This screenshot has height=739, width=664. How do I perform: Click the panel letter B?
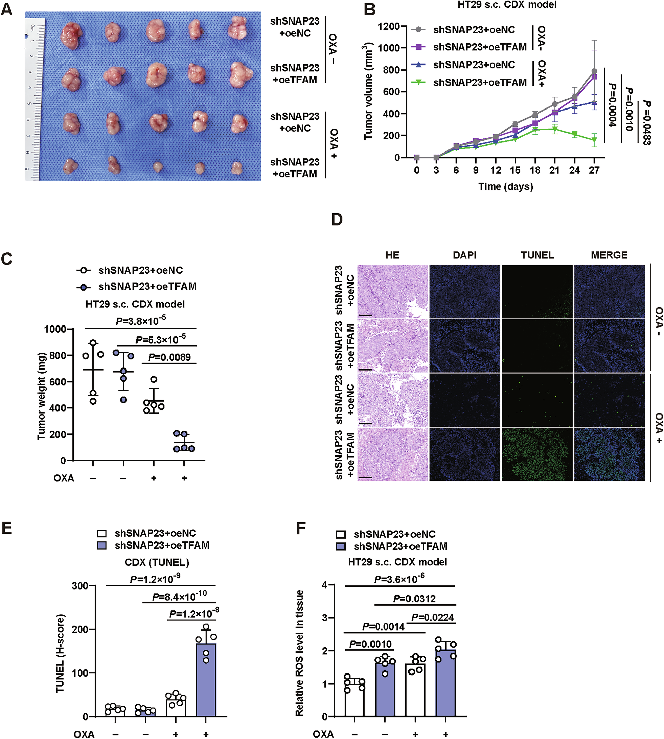click(x=369, y=10)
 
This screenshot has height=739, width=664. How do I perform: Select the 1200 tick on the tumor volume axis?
click(x=389, y=26)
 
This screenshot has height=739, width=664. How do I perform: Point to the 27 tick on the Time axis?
click(x=594, y=170)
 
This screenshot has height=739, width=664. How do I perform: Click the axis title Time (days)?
click(x=506, y=187)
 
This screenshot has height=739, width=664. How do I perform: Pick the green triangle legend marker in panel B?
click(x=419, y=82)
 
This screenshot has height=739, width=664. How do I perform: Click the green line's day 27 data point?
click(x=594, y=140)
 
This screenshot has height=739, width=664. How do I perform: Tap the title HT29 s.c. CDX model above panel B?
click(x=507, y=5)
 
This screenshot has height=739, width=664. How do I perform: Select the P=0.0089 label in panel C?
click(x=169, y=357)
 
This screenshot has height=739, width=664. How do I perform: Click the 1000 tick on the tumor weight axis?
click(x=55, y=329)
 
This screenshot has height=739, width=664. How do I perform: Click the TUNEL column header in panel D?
click(x=537, y=255)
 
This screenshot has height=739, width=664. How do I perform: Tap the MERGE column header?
click(x=609, y=255)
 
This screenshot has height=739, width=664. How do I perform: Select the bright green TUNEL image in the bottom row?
click(x=537, y=454)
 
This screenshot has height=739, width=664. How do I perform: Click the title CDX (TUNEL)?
click(x=157, y=562)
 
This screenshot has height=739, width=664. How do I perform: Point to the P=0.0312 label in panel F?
click(x=415, y=599)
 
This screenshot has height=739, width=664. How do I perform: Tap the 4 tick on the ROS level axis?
click(x=324, y=585)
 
